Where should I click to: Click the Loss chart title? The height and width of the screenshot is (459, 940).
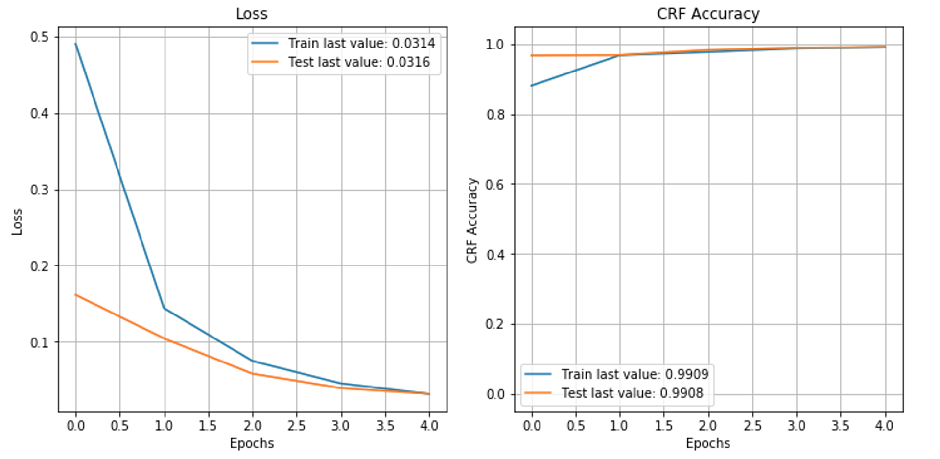point(252,14)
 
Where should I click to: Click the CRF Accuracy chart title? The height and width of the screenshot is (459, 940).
point(708,14)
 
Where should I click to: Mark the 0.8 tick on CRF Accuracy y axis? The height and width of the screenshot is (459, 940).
point(495,115)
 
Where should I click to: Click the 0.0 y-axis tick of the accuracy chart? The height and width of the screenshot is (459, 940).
point(495,394)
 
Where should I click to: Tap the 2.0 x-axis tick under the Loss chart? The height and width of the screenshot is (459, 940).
point(253,425)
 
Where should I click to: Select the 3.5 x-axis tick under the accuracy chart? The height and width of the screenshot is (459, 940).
point(840,425)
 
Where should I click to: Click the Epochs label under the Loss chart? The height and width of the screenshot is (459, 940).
point(252,443)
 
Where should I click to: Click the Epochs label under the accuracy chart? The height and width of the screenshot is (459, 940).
point(708,443)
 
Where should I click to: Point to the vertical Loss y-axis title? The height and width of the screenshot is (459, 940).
point(17,222)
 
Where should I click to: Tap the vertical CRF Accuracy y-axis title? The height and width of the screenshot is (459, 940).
point(472,220)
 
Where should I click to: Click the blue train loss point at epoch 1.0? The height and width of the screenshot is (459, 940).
point(164,308)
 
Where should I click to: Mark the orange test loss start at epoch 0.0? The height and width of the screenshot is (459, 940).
point(76,295)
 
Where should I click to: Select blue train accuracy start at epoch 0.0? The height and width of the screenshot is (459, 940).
point(532,86)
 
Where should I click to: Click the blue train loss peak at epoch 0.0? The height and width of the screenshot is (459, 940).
point(76,44)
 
